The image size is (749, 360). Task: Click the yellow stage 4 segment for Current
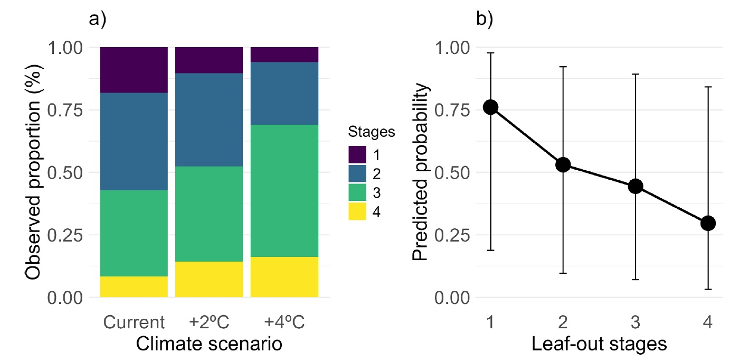pos(134,287)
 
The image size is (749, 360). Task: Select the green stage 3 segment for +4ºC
pos(285,191)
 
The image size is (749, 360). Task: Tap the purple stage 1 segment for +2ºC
pos(209,60)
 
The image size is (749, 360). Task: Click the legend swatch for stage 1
pos(356,156)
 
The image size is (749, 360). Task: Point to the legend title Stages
pos(372,132)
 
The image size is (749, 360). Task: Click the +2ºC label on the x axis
pos(210,322)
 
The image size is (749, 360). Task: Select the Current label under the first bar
pos(134,322)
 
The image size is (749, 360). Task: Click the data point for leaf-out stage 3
pos(636,186)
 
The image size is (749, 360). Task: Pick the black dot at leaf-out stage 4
pos(708,223)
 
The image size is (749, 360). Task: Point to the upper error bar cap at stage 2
pos(563,67)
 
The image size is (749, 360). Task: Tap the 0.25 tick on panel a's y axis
pos(67,235)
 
